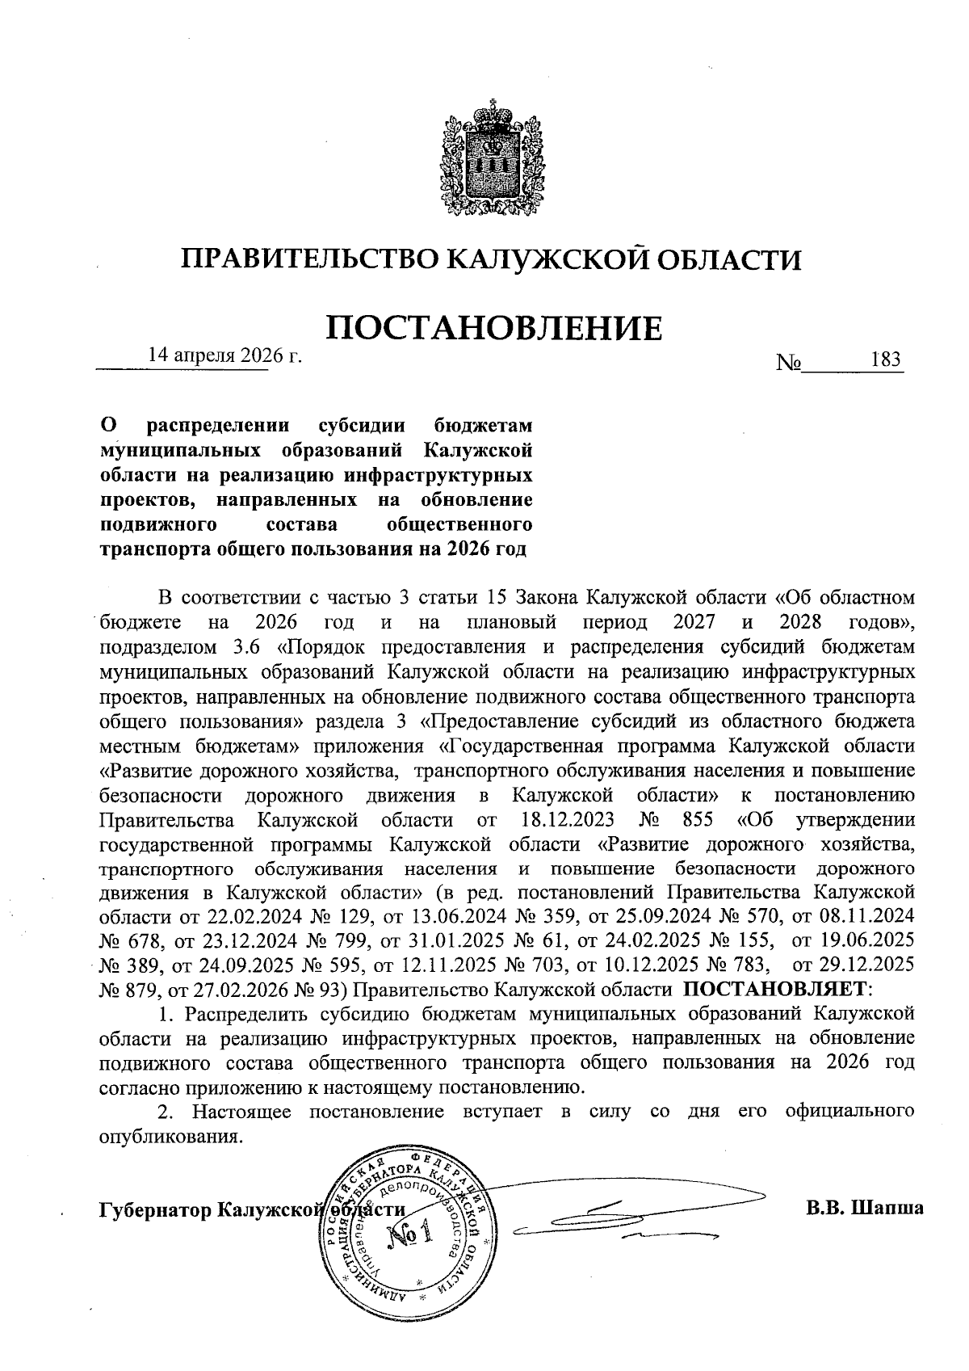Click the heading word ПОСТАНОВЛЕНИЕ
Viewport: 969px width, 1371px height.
tap(493, 328)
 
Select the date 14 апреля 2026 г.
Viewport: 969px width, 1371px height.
tap(224, 356)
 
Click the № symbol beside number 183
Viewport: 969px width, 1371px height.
tap(787, 363)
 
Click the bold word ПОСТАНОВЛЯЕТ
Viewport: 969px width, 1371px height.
tap(778, 989)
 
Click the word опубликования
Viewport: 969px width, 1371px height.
tap(170, 1136)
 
